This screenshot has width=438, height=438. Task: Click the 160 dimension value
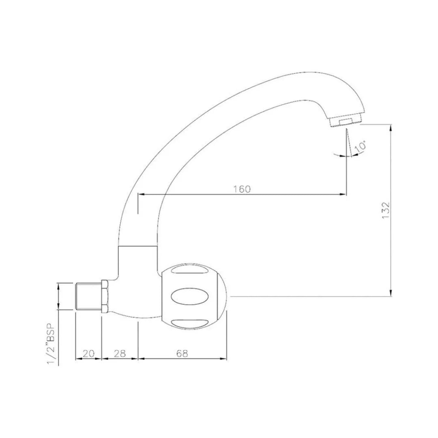point(243,189)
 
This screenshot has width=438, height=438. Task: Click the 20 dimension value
point(89,353)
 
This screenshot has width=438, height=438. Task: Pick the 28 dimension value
point(120,353)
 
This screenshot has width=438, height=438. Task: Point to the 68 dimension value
point(182,353)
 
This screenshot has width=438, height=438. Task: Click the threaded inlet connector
point(88,297)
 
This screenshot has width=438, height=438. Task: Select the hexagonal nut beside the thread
point(104,296)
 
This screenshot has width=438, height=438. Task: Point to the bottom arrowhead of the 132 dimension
point(391,293)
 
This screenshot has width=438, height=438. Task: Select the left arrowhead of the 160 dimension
point(142,195)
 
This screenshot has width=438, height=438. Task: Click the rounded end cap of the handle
point(223,296)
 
